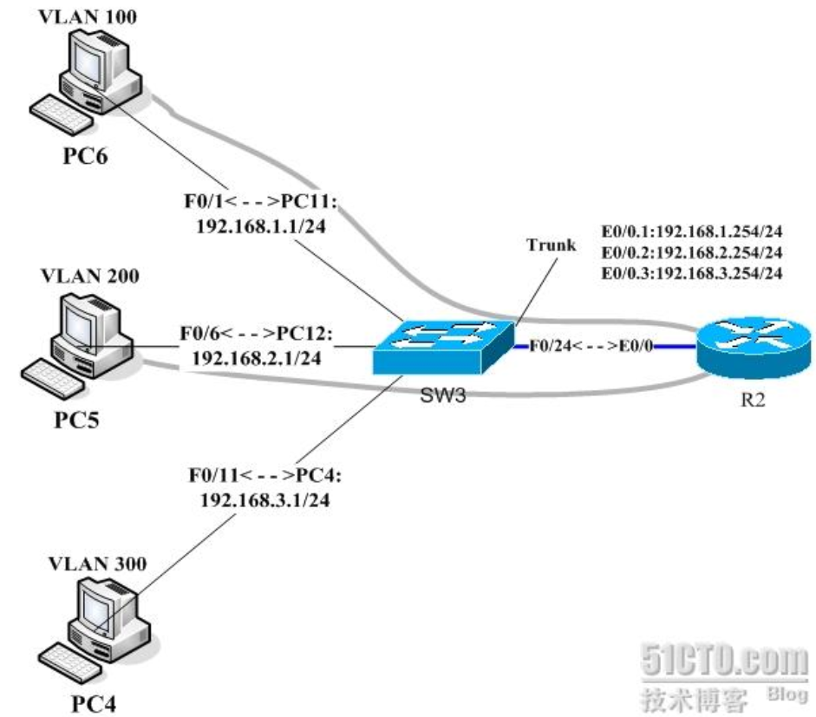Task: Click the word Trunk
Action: (x=550, y=244)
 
